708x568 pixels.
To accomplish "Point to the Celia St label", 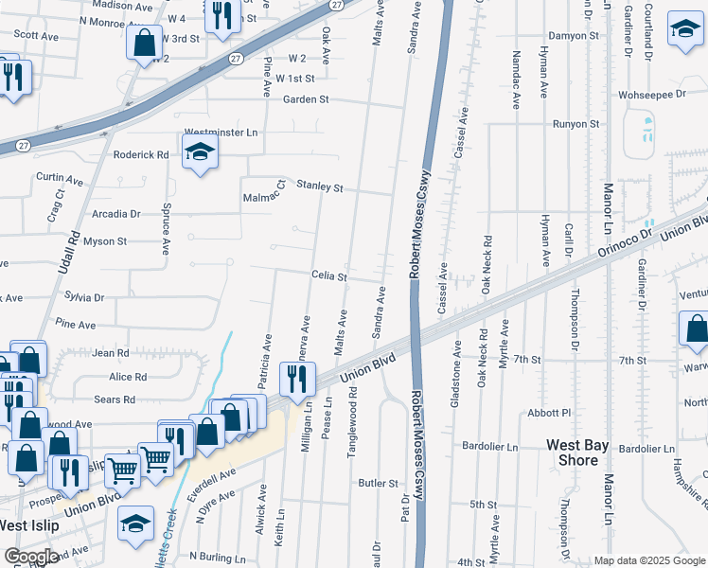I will [330, 277].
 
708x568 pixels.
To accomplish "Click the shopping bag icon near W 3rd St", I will [145, 43].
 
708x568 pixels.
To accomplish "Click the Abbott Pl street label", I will [550, 413].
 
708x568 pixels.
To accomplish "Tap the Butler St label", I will [379, 483].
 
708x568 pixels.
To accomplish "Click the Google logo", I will [30, 557].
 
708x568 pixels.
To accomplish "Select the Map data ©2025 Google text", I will [650, 560].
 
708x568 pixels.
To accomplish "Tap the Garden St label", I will [306, 98].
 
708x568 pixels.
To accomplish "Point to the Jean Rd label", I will [111, 353].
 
